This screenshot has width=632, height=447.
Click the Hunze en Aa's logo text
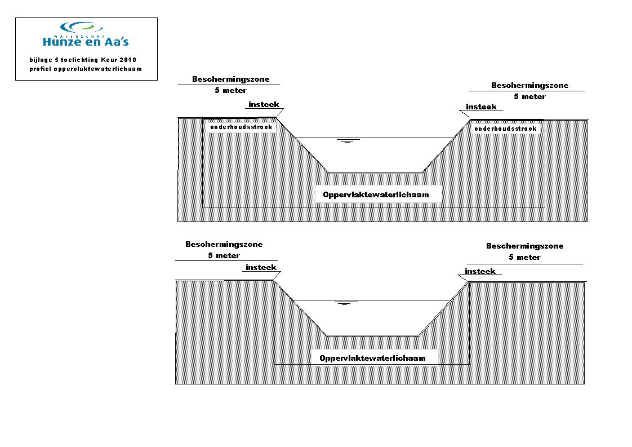click(86, 41)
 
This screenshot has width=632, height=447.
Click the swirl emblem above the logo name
click(82, 28)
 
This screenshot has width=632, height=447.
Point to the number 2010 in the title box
click(128, 60)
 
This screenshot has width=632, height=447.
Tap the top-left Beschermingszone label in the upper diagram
click(230, 79)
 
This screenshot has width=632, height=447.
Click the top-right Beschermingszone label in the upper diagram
click(529, 85)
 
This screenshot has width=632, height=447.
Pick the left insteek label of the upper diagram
click(264, 104)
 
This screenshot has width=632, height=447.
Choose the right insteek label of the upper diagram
click(481, 107)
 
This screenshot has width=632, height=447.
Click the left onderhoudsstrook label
click(242, 127)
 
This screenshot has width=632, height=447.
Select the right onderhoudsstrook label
click(505, 129)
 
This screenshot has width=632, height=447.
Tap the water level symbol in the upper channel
click(347, 141)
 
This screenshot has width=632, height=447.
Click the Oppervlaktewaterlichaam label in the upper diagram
click(376, 195)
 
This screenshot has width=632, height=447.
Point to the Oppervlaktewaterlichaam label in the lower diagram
click(372, 359)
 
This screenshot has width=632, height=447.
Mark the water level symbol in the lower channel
click(344, 303)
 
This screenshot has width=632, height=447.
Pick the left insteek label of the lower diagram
click(261, 268)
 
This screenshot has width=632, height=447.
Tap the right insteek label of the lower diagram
click(480, 272)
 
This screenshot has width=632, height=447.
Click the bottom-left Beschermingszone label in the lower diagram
click(224, 244)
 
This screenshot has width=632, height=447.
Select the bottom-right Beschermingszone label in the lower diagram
click(524, 246)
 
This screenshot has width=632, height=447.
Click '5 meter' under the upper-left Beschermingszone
click(230, 90)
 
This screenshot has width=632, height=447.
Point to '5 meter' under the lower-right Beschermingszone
click(524, 258)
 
